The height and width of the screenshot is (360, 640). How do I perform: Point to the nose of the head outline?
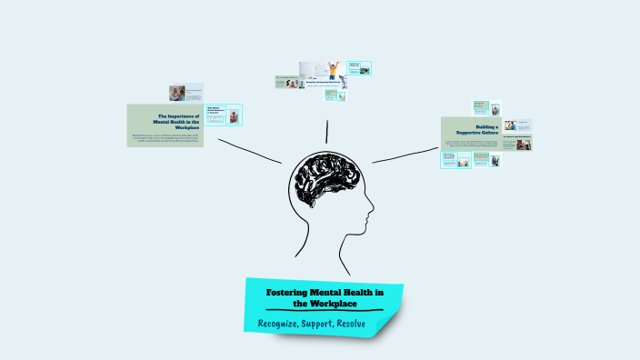(371, 218)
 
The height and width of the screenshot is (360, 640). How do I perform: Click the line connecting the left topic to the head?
(249, 150)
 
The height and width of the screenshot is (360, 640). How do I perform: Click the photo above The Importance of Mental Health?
(177, 93)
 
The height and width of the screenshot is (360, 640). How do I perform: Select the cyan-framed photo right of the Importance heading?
(235, 116)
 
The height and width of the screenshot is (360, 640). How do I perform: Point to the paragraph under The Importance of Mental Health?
(166, 139)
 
